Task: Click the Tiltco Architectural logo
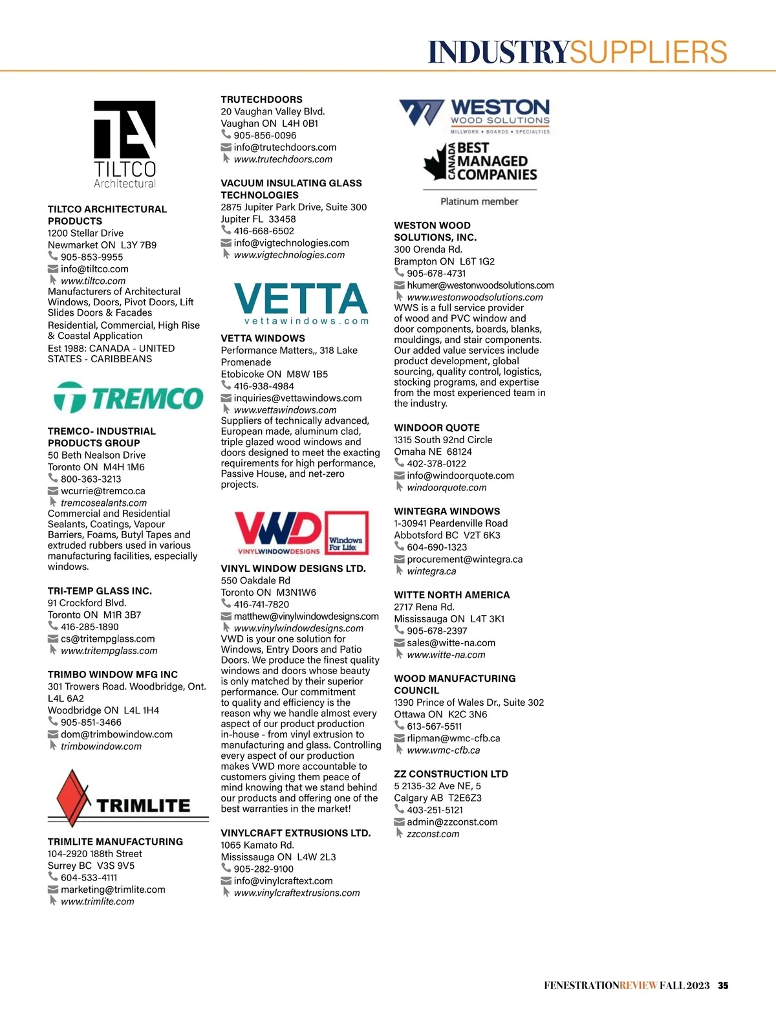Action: coord(125,144)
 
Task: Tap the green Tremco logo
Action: coord(128,397)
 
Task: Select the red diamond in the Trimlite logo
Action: coord(73,796)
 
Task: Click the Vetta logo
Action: coord(301,303)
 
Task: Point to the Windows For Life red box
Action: coord(346,533)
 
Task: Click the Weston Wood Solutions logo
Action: coord(476,115)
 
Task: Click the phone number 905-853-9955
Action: coord(92,257)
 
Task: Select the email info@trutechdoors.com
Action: coord(285,147)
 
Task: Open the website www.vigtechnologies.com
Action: coord(289,255)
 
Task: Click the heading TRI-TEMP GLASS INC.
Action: coord(100,591)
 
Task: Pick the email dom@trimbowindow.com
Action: coord(116,734)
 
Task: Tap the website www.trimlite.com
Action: coord(98,901)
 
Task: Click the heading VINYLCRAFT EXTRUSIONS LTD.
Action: coord(296,833)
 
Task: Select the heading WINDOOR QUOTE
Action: coord(436,428)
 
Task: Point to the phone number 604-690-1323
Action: coord(436,547)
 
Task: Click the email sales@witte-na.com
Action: coord(451,643)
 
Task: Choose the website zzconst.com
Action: coord(433,834)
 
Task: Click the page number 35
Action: coord(723,986)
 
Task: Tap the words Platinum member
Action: coord(479,202)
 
